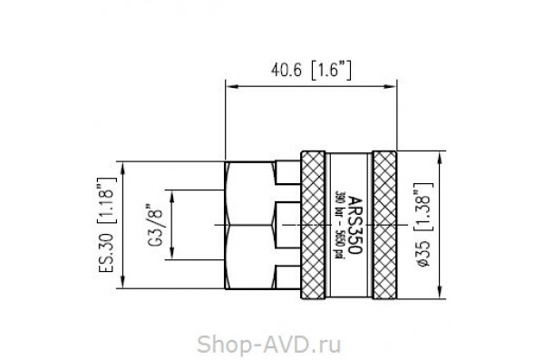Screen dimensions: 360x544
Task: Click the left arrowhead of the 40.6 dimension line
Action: click(231, 87)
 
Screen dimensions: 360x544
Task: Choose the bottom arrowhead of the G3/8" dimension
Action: click(172, 255)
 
